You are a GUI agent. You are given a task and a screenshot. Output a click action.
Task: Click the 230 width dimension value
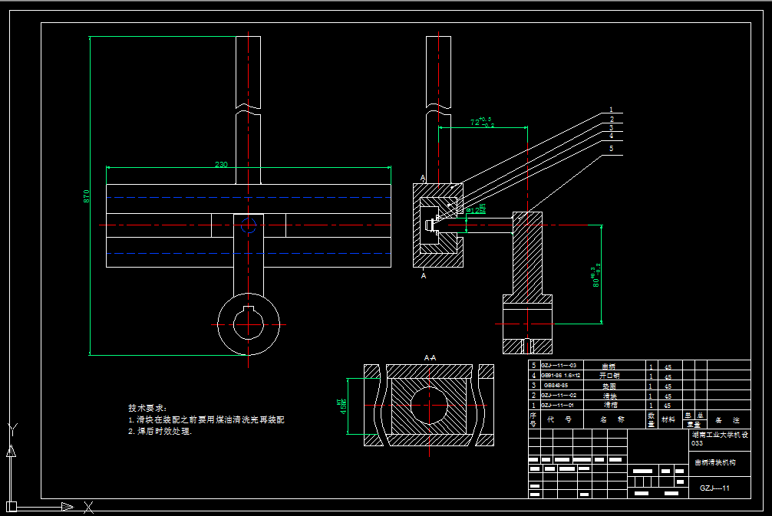pyautogui.click(x=221, y=164)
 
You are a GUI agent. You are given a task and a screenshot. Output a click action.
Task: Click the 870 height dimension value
pyautogui.click(x=87, y=196)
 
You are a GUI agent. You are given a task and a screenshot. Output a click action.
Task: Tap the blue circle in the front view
pyautogui.click(x=247, y=225)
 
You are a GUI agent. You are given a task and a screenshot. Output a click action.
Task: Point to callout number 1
pyautogui.click(x=611, y=110)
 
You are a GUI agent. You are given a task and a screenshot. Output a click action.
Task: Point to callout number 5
pyautogui.click(x=611, y=149)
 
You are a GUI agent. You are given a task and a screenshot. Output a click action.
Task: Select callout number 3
pyautogui.click(x=611, y=128)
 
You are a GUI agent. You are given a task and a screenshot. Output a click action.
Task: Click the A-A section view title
pyautogui.click(x=430, y=357)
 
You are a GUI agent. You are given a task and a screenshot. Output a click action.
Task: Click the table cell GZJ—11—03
pyautogui.click(x=559, y=366)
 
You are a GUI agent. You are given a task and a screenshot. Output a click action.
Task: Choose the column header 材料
pyautogui.click(x=669, y=419)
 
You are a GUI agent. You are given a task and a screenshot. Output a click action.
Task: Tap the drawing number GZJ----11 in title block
pyautogui.click(x=714, y=488)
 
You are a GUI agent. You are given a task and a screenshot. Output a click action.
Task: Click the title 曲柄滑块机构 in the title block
pyautogui.click(x=714, y=462)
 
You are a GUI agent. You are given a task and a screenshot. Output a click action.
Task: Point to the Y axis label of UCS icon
pyautogui.click(x=11, y=427)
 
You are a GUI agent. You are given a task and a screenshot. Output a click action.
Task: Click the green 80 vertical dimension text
pyautogui.click(x=594, y=276)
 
